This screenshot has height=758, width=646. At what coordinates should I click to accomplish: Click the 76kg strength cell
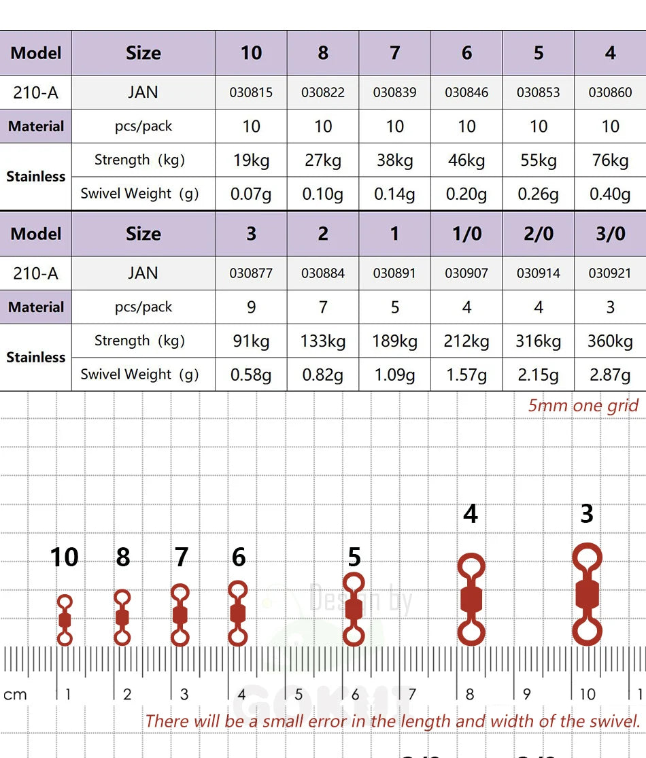610,160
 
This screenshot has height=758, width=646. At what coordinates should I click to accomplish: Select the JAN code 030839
394,92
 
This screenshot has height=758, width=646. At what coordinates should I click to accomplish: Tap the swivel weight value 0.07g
251,194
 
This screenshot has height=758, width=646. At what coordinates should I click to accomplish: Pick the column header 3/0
610,234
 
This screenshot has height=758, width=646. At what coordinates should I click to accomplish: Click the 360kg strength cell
610,341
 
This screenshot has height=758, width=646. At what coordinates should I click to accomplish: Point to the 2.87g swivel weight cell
610,375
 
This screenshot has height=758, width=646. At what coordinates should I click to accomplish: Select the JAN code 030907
466,273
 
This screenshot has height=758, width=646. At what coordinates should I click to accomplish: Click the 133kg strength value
323,341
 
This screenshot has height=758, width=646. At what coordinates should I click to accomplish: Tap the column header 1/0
466,234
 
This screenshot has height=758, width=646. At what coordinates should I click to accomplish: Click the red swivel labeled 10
65,620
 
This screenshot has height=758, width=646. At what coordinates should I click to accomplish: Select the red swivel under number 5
354,609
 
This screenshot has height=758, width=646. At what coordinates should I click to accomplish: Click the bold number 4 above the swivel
471,514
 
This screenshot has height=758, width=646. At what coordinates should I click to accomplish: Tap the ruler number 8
470,695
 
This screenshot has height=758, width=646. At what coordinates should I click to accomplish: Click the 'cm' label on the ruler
15,695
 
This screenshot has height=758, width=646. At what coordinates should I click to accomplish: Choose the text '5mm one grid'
583,406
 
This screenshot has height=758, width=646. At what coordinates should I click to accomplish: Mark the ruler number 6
356,695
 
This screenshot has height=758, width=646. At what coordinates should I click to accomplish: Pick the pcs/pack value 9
251,307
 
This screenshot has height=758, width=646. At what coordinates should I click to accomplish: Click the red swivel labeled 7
180,615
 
